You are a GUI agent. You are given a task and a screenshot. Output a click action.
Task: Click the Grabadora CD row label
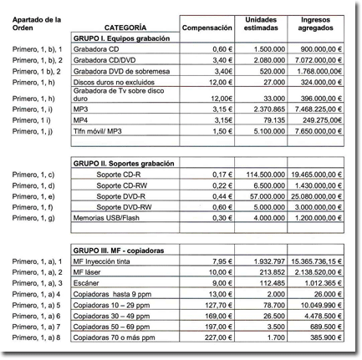click(96, 50)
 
